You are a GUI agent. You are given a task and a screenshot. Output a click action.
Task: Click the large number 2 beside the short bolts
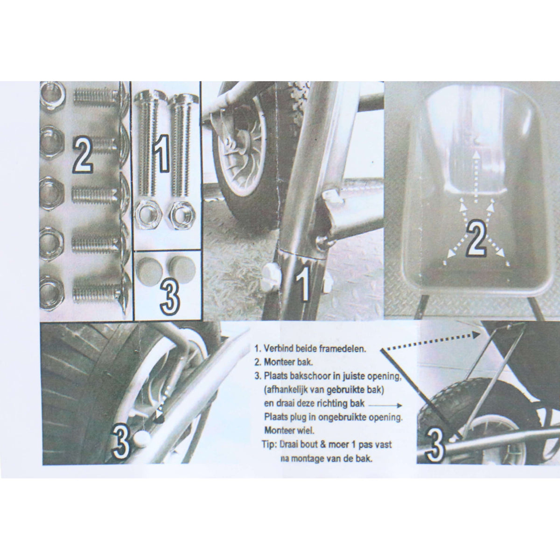(x=82, y=155)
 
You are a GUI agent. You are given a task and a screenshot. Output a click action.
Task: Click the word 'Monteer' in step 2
(x=277, y=362)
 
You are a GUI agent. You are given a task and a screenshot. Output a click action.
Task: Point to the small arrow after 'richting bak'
(x=385, y=405)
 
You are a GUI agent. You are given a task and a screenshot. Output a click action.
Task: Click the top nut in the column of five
(x=52, y=94)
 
